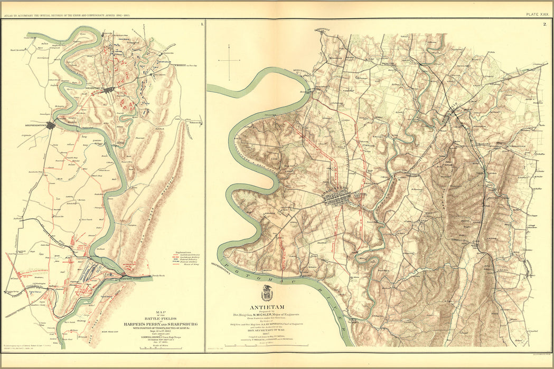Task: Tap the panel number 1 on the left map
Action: [201, 24]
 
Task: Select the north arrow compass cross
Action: [230, 61]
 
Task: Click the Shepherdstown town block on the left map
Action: [51, 125]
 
